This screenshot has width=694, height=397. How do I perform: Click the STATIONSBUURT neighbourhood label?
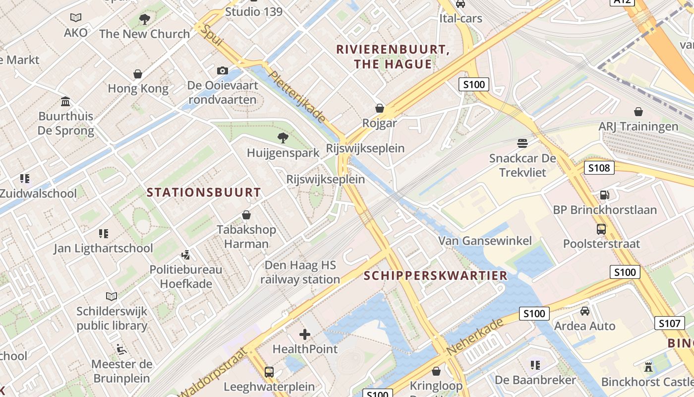pyautogui.click(x=204, y=193)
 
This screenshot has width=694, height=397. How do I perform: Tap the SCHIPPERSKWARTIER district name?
pyautogui.click(x=436, y=275)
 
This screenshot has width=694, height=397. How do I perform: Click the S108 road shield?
pyautogui.click(x=599, y=168)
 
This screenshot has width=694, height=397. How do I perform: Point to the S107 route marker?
pyautogui.click(x=669, y=324)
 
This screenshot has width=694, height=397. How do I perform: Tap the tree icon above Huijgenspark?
pyautogui.click(x=283, y=137)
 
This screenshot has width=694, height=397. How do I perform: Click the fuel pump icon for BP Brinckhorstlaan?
pyautogui.click(x=604, y=195)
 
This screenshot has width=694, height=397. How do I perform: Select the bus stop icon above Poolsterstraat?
pyautogui.click(x=601, y=229)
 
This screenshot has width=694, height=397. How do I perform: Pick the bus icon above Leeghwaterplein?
pyautogui.click(x=269, y=372)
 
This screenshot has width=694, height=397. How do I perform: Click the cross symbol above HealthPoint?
pyautogui.click(x=305, y=334)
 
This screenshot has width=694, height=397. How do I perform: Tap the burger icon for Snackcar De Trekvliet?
pyautogui.click(x=522, y=143)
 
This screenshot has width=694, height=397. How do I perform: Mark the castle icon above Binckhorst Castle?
pyautogui.click(x=647, y=367)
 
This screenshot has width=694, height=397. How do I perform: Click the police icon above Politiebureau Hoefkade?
pyautogui.click(x=186, y=255)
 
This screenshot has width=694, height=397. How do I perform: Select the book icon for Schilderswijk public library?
pyautogui.click(x=112, y=296)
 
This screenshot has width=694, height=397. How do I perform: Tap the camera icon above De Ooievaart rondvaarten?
pyautogui.click(x=223, y=70)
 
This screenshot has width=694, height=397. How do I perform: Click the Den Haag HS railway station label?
pyautogui.click(x=300, y=272)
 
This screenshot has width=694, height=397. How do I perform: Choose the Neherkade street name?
pyautogui.click(x=475, y=337)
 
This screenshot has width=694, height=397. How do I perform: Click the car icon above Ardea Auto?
pyautogui.click(x=585, y=311)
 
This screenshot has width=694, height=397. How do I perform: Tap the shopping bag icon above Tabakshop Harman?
pyautogui.click(x=246, y=215)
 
